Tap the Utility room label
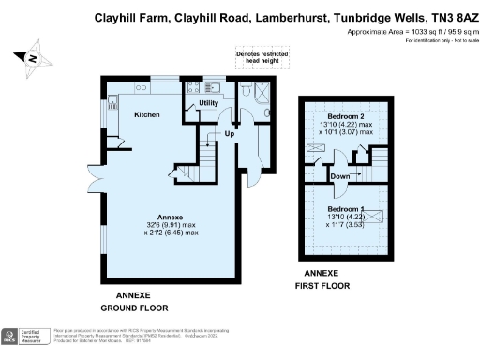click(x=208, y=102)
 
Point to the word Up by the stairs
click(x=228, y=134)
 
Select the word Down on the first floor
click(x=340, y=175)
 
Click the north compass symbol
click(x=33, y=59)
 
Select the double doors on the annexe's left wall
click(x=95, y=177)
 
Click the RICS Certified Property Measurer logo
click(x=28, y=337)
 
